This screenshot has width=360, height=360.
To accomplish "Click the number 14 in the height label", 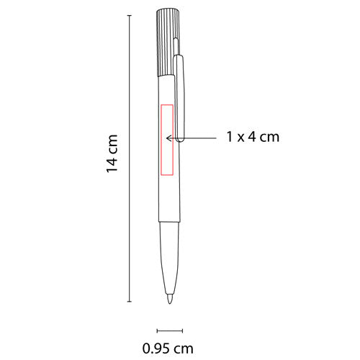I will (x=112, y=165).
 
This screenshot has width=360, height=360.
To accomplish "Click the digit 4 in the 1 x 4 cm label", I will (x=251, y=137).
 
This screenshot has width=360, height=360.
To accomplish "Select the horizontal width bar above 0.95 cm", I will (x=169, y=330).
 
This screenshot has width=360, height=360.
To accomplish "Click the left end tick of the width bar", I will (x=156, y=330).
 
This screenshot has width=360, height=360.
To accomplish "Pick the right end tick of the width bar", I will (x=183, y=330).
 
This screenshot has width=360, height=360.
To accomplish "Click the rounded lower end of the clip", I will (x=183, y=140).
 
